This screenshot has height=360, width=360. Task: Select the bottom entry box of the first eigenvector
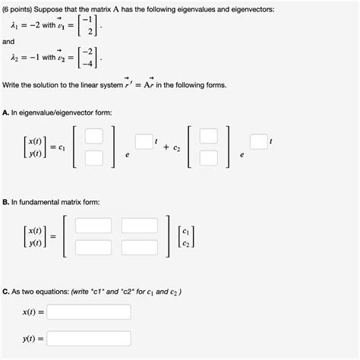point(93,158)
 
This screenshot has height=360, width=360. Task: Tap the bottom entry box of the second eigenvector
point(208,158)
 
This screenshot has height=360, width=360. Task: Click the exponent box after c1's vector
point(144,141)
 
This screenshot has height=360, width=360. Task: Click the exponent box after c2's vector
point(259,141)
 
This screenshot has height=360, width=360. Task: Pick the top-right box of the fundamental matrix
point(139,226)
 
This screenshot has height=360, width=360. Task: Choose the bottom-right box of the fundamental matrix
point(139,247)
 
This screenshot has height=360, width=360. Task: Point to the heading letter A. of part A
point(7,112)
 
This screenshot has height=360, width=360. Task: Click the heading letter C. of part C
point(7,292)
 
